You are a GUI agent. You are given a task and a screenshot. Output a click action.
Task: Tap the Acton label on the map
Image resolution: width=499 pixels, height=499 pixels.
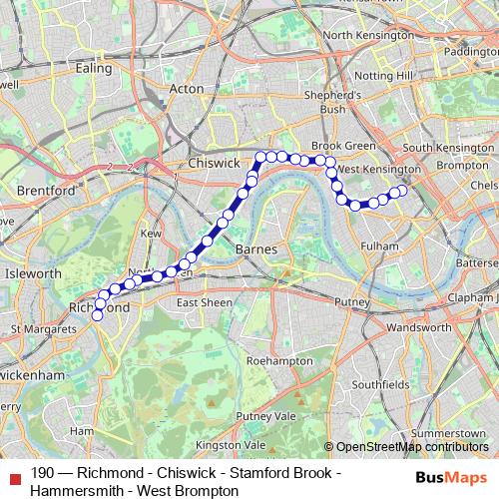186,88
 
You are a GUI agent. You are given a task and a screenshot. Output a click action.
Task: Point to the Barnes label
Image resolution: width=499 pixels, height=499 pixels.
254,248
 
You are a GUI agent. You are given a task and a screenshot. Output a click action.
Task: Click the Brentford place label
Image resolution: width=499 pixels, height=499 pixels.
40,190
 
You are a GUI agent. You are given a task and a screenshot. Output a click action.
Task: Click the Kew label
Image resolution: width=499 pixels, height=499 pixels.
151,234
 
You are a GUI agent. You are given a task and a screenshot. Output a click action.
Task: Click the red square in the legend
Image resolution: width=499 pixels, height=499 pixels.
15,477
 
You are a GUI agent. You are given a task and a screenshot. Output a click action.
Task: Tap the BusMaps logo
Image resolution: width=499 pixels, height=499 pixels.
451,478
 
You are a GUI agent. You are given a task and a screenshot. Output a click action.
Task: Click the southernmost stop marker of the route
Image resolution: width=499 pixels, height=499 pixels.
98,315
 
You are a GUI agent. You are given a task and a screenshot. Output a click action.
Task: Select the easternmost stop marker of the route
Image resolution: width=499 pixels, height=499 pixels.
403,191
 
